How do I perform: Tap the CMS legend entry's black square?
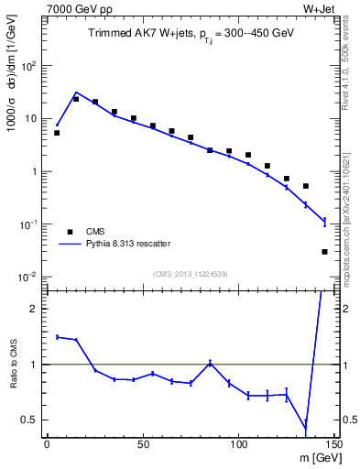69,232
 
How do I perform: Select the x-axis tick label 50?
143,444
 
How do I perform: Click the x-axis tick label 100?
238,444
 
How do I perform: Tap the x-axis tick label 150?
333,444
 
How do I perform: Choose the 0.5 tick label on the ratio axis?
32,420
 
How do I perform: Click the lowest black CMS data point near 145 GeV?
325,251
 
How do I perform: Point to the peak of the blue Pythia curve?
76,93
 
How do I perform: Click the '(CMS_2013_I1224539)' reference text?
191,274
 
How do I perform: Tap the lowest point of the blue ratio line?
306,427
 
